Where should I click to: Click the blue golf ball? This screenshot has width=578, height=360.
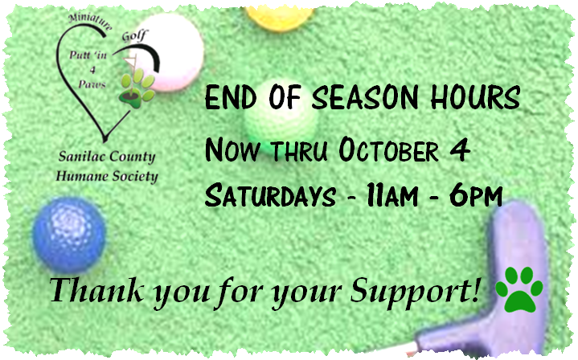(69, 235)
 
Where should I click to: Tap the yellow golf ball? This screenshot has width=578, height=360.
(280, 18)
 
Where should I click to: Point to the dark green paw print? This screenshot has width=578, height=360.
(519, 289)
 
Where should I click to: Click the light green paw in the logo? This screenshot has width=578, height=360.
(137, 88)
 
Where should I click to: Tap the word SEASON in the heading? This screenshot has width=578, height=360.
(365, 98)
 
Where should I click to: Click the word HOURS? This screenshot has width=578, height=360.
(475, 98)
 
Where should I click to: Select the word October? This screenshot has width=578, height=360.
(388, 150)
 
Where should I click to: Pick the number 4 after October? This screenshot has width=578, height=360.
(460, 149)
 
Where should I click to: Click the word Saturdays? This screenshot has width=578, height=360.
(270, 195)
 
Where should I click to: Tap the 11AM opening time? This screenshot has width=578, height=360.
(391, 195)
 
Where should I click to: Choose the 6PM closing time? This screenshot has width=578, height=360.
(476, 195)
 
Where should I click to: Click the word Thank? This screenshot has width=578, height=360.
(96, 290)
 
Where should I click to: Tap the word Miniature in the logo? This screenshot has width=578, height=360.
(91, 22)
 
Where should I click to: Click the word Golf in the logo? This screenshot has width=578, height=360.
(134, 35)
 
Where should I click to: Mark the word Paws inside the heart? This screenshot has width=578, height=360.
(92, 84)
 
